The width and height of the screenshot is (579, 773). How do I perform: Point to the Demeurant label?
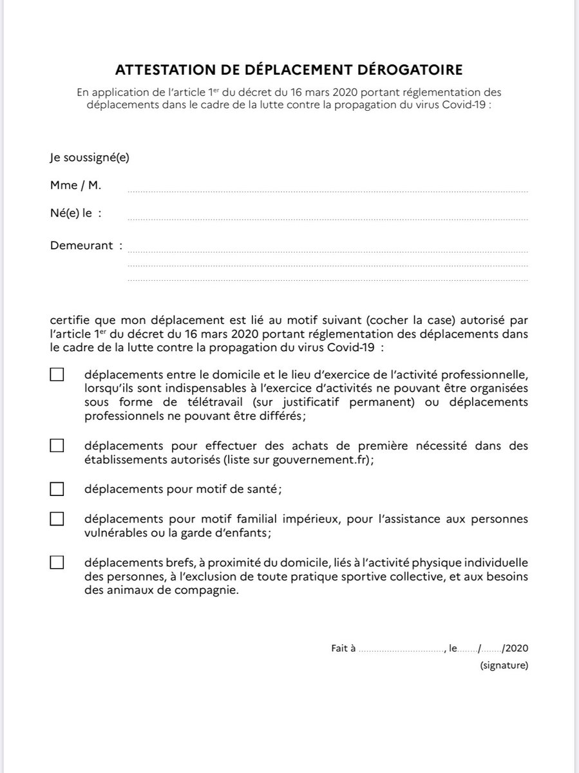click(82, 245)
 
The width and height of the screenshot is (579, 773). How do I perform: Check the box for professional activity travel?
click(57, 375)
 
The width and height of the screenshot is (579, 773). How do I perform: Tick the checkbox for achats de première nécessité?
click(57, 445)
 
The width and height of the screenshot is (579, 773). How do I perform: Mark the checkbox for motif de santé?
click(57, 489)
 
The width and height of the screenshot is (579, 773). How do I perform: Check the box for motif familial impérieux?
click(57, 519)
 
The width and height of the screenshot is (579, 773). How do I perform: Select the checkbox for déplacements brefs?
click(57, 562)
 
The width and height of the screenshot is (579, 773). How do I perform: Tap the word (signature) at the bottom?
click(504, 665)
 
